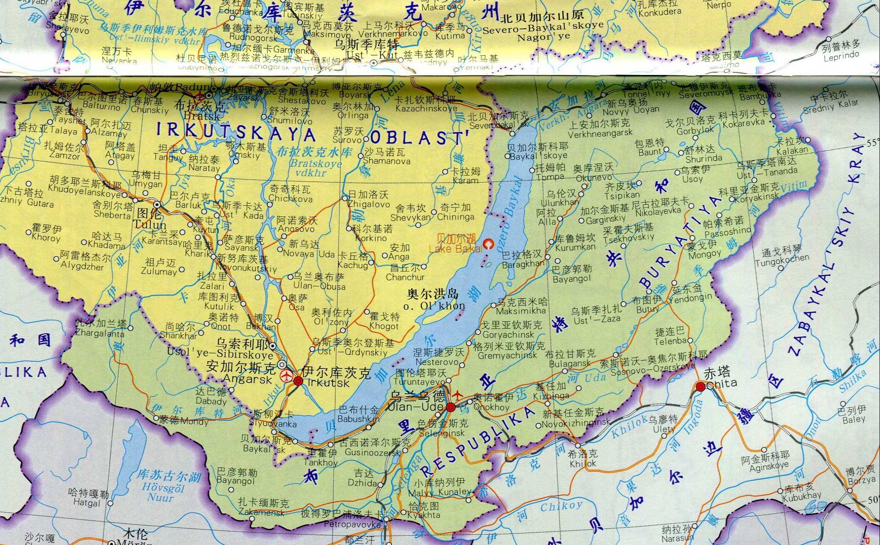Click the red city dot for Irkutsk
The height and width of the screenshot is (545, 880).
299,381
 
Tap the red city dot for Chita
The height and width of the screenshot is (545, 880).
700,386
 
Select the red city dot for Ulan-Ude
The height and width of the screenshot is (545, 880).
450,407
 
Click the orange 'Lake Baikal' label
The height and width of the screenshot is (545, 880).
455,249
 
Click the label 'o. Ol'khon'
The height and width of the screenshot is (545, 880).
434,306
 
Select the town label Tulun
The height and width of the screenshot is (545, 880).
149,225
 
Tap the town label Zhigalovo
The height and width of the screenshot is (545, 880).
368,204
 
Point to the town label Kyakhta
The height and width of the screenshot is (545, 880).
424,515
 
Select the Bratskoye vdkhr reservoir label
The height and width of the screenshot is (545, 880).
315,168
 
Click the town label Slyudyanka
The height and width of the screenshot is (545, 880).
275,424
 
